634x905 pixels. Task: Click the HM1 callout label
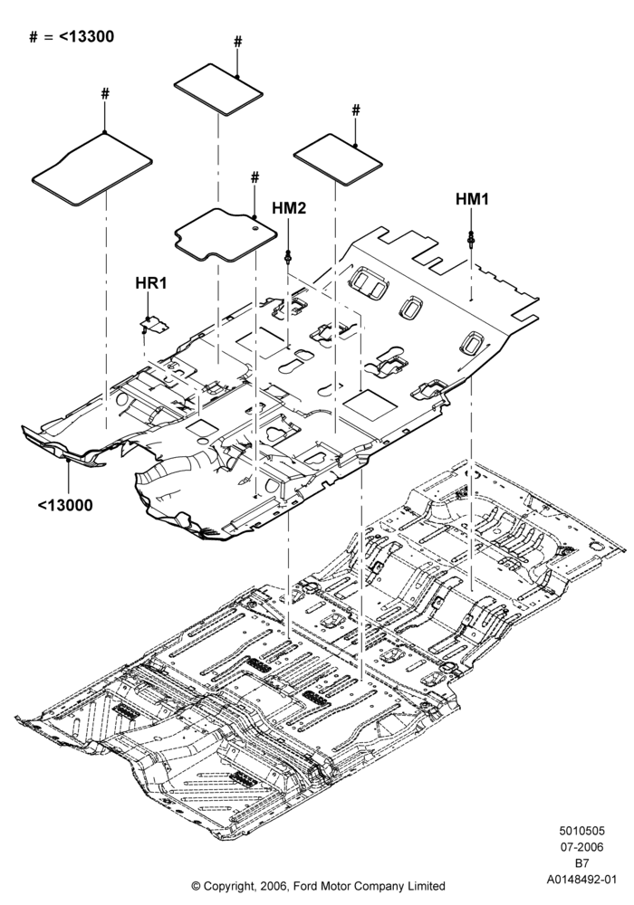[472, 200]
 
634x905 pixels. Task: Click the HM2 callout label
[289, 209]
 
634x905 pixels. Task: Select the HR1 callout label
[150, 283]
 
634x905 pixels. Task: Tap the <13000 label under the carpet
[65, 506]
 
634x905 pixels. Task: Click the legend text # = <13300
[72, 37]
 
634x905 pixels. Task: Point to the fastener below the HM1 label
[472, 238]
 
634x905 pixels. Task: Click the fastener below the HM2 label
[287, 256]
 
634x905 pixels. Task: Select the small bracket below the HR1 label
[154, 324]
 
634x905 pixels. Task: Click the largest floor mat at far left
[91, 168]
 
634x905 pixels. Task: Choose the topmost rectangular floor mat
[219, 91]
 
